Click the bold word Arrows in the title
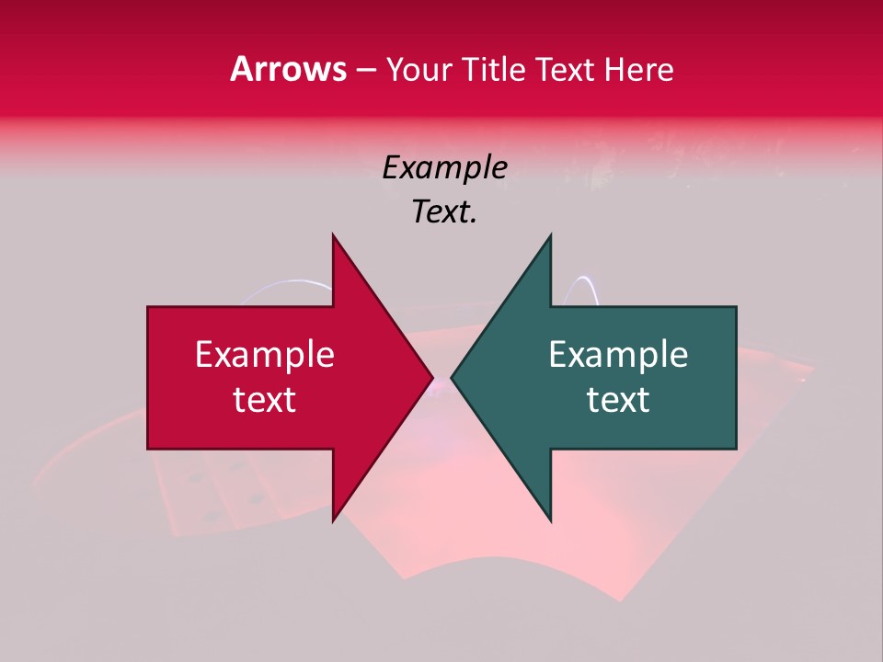[289, 69]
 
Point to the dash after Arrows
[365, 71]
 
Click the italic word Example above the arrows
[444, 167]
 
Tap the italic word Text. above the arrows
[444, 212]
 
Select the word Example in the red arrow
[265, 354]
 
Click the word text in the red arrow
[265, 400]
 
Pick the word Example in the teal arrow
[618, 354]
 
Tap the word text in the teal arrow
[618, 400]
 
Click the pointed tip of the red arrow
[432, 378]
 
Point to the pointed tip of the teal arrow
[452, 378]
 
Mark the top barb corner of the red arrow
[333, 235]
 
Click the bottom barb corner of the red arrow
[333, 520]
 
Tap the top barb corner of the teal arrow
[550, 235]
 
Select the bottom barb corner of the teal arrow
[550, 520]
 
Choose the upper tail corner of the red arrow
[149, 308]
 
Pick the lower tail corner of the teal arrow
[735, 448]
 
